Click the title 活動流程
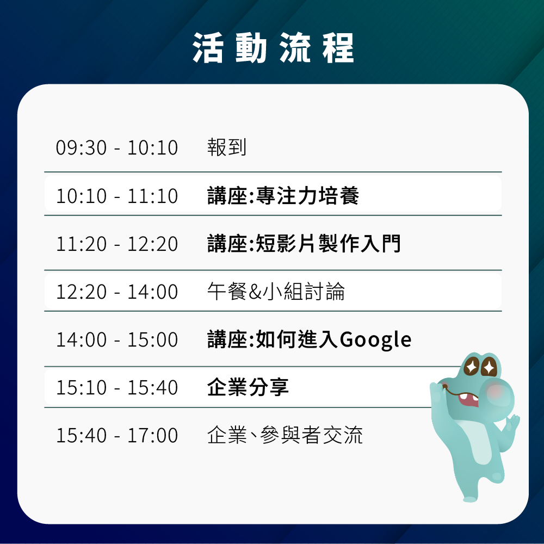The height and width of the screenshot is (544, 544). pyautogui.click(x=273, y=48)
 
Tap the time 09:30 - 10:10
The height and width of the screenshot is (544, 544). pyautogui.click(x=117, y=147)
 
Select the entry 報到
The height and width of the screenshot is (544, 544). pyautogui.click(x=227, y=147)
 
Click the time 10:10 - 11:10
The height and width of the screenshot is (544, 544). pyautogui.click(x=117, y=196)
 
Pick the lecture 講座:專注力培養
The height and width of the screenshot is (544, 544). pyautogui.click(x=283, y=195)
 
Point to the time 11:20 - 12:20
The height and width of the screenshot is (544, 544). pyautogui.click(x=117, y=244)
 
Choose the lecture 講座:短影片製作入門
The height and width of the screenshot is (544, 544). pyautogui.click(x=304, y=243)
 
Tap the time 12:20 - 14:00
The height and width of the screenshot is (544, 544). pyautogui.click(x=117, y=292)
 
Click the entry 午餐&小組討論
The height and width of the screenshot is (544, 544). pyautogui.click(x=276, y=291)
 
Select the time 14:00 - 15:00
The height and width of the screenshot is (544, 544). pyautogui.click(x=117, y=339)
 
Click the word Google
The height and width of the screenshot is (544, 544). pyautogui.click(x=376, y=340)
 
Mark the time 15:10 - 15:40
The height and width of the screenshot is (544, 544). pyautogui.click(x=117, y=387)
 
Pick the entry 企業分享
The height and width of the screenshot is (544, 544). pyautogui.click(x=248, y=387)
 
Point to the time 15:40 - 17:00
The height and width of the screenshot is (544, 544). pyautogui.click(x=117, y=435)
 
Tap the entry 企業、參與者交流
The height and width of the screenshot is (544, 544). pyautogui.click(x=285, y=435)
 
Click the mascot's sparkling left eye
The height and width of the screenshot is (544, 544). pyautogui.click(x=472, y=366)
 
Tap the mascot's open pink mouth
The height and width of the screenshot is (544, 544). pyautogui.click(x=468, y=400)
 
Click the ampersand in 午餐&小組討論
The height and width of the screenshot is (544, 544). pyautogui.click(x=255, y=292)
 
